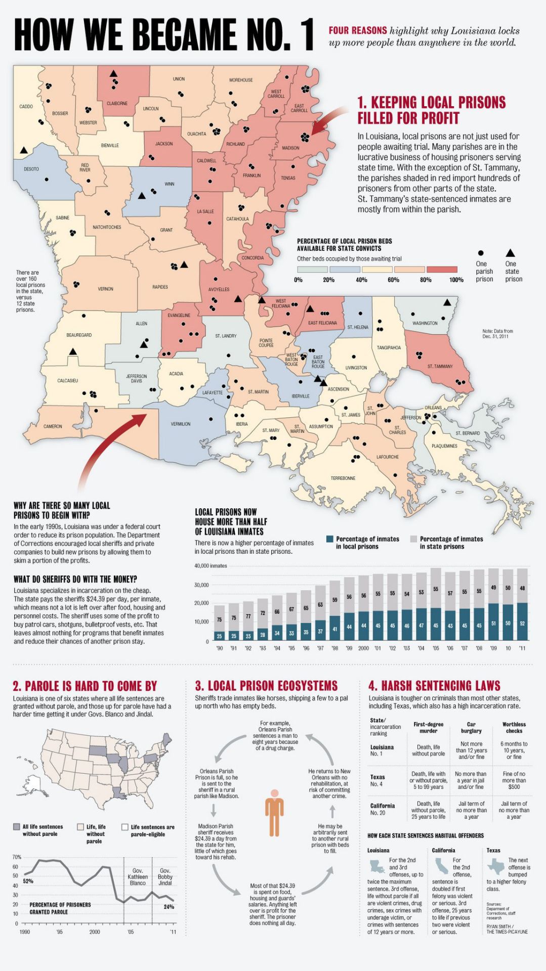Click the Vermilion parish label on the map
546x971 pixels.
[180, 424]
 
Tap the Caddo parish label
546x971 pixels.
[26, 107]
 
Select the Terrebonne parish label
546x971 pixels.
[343, 478]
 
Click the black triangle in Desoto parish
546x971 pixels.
[23, 150]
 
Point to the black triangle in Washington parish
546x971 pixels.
[447, 302]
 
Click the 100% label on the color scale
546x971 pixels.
[456, 280]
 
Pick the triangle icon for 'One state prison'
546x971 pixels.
[510, 253]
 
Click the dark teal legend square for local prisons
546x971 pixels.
[330, 539]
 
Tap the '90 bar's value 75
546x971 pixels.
[219, 620]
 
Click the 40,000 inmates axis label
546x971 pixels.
[211, 566]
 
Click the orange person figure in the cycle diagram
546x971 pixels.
[274, 813]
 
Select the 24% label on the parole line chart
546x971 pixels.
[169, 907]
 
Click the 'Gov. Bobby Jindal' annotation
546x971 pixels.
[165, 876]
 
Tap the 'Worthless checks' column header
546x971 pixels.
[514, 727]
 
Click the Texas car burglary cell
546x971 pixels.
[471, 780]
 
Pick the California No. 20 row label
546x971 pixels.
[382, 809]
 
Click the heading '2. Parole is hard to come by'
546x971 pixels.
[85, 686]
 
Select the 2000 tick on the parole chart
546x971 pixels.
[94, 932]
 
